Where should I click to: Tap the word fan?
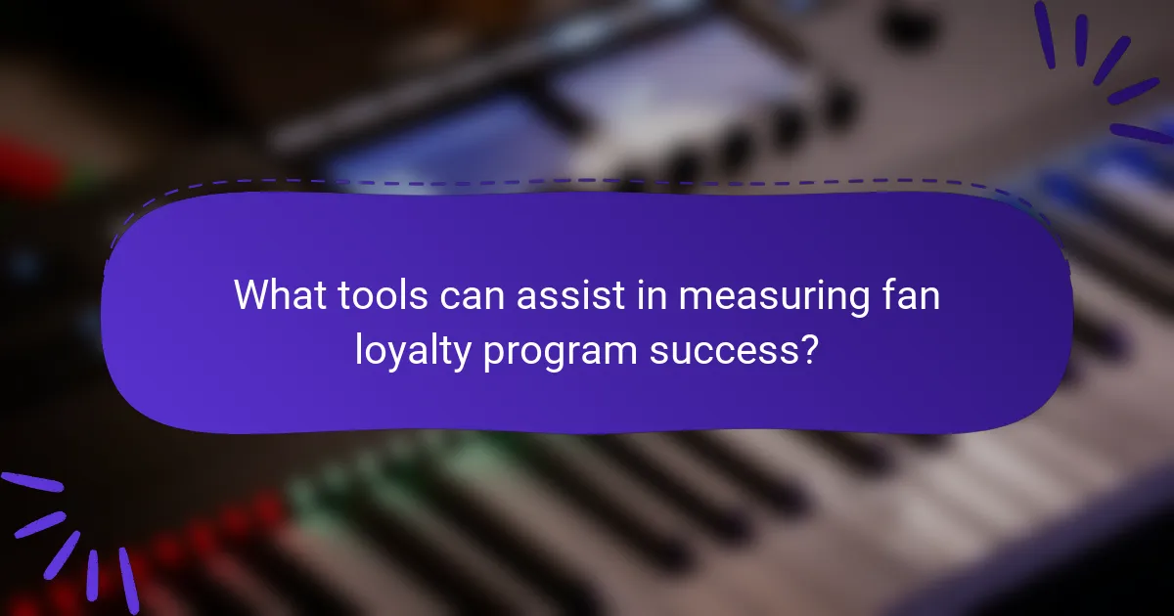coord(912,295)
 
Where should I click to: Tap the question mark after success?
coord(806,349)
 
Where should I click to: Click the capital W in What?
coord(251,295)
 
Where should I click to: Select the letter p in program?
coord(494,354)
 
